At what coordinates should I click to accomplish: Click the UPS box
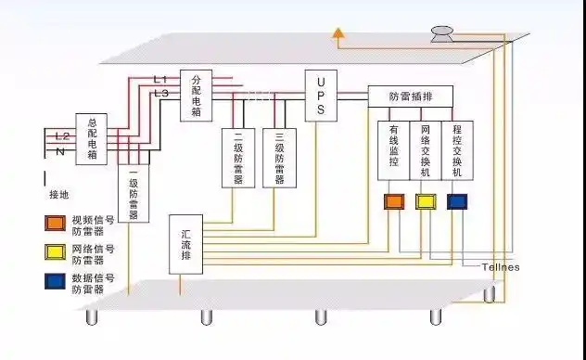[x=321, y=95]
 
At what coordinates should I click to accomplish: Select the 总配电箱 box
[x=93, y=138]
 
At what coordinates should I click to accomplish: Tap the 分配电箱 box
[x=196, y=96]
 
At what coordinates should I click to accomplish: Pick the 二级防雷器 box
[x=237, y=157]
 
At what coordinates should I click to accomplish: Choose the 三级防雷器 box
[x=279, y=157]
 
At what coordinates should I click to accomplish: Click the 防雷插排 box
[x=410, y=96]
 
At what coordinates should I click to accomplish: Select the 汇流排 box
[x=186, y=244]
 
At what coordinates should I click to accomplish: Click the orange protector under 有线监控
[x=394, y=201]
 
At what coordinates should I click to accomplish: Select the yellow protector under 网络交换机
[x=426, y=201]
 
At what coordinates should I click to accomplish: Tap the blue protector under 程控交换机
[x=457, y=201]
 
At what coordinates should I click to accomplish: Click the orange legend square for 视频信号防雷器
[x=55, y=223]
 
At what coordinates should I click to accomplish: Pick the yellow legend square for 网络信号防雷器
[x=55, y=251]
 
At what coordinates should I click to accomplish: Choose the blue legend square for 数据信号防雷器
[x=55, y=279]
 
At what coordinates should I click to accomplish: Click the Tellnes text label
[x=501, y=267]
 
